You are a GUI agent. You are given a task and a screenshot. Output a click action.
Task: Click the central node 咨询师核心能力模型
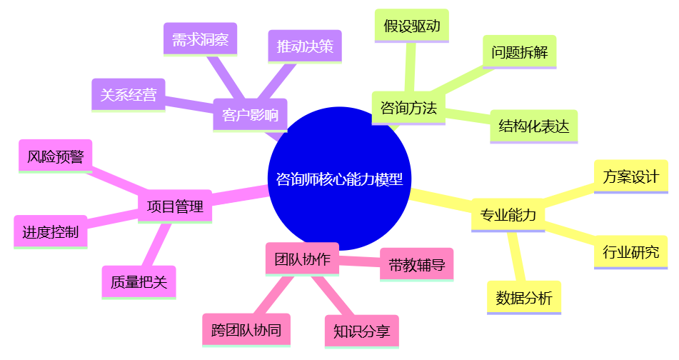tap(339, 179)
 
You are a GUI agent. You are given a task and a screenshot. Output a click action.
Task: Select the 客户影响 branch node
tap(250, 115)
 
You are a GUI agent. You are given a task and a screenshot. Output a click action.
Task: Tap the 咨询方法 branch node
tap(408, 108)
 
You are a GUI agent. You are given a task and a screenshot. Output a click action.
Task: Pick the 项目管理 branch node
tap(175, 206)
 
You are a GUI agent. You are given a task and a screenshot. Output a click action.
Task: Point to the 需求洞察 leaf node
tap(200, 40)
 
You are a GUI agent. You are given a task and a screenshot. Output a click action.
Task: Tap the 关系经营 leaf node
tap(129, 94)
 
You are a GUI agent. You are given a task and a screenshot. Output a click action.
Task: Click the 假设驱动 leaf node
tap(411, 26)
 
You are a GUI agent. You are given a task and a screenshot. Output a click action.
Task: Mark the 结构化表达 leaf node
tap(534, 126)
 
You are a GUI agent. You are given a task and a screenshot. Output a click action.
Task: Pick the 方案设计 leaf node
tap(631, 176)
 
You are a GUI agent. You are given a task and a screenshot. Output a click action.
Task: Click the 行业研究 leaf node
tap(631, 251)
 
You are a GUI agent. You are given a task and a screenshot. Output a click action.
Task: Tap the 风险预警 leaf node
tap(55, 156)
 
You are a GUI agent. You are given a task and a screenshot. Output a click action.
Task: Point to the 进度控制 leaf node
tap(50, 232)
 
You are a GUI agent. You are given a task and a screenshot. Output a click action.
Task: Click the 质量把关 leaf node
tap(139, 281)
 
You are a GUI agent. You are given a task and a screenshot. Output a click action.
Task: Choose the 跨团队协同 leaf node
tap(246, 330)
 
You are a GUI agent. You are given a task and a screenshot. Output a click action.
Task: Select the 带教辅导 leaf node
tap(417, 265)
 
